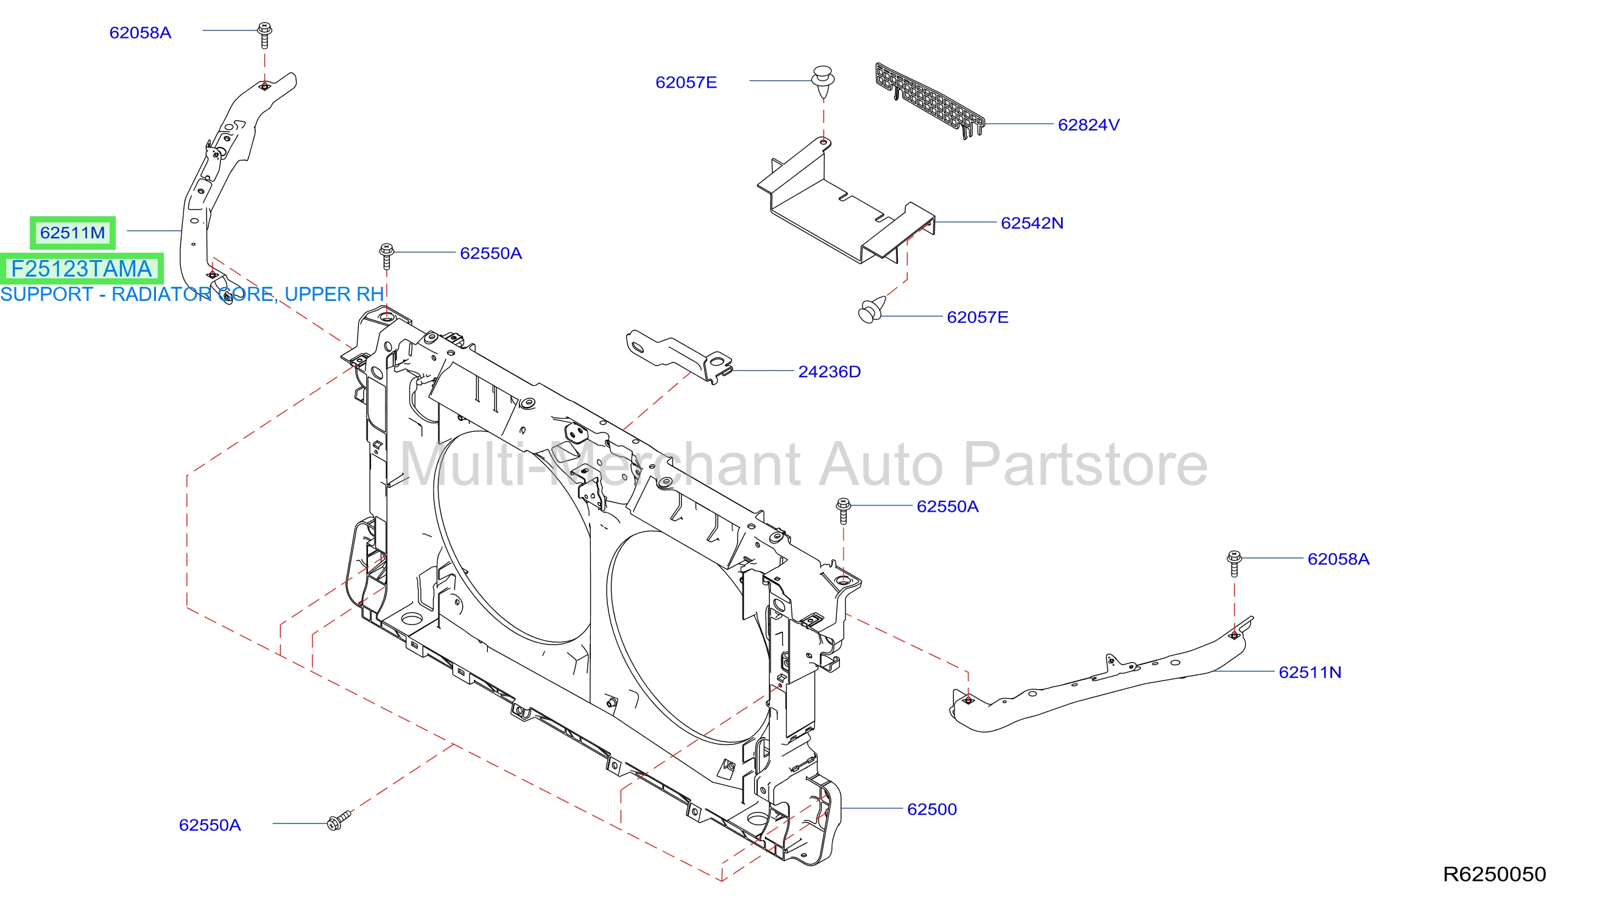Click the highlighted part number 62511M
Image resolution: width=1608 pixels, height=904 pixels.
(72, 233)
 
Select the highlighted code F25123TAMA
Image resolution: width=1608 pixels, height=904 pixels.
(82, 269)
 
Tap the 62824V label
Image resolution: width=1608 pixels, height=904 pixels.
(1088, 125)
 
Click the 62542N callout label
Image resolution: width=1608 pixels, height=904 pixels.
(1032, 223)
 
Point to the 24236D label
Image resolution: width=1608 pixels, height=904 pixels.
(830, 372)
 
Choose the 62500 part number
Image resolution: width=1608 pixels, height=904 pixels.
(932, 809)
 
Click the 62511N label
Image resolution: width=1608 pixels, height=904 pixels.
(1310, 673)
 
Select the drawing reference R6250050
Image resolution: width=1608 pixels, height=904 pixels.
(1494, 874)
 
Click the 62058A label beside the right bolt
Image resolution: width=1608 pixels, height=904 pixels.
(1339, 559)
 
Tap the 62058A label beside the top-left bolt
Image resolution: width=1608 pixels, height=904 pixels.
(141, 32)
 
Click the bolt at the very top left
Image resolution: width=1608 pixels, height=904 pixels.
(265, 35)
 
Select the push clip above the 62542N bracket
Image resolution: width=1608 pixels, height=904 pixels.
(823, 81)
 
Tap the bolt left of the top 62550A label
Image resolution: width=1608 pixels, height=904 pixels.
(386, 256)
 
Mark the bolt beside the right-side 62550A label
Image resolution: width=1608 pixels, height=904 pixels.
(844, 511)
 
